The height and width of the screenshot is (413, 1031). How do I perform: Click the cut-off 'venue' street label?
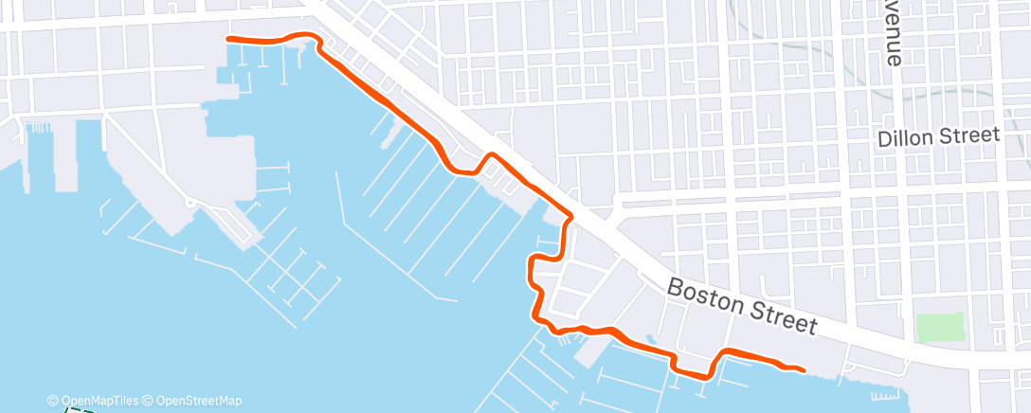(893, 33)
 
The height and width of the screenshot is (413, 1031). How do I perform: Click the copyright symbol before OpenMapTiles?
(53, 401)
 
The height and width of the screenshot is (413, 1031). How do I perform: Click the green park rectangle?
(940, 328)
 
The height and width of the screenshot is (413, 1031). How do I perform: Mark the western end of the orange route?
(227, 38)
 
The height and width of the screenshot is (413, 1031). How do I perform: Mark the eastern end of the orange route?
(804, 369)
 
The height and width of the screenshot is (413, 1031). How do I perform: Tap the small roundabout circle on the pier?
(190, 202)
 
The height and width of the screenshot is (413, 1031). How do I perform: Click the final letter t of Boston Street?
(811, 327)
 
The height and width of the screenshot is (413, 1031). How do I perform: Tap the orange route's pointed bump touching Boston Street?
(491, 154)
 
